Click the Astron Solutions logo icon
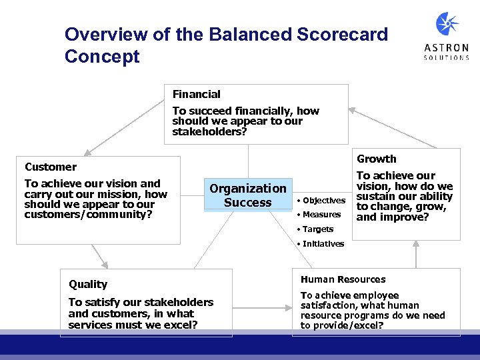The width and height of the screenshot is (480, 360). pyautogui.click(x=447, y=24)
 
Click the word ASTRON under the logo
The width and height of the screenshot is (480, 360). pyautogui.click(x=447, y=47)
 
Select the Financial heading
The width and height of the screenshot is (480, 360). pyautogui.click(x=196, y=95)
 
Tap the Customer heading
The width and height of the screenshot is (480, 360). pyautogui.click(x=51, y=167)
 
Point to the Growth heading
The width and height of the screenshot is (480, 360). pyautogui.click(x=377, y=159)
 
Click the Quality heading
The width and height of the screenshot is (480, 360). pyautogui.click(x=88, y=284)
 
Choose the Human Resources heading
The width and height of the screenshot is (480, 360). pyautogui.click(x=343, y=279)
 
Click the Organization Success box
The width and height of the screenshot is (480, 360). pyautogui.click(x=248, y=195)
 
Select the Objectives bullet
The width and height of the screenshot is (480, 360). pyautogui.click(x=323, y=201)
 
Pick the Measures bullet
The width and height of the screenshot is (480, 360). pyautogui.click(x=321, y=215)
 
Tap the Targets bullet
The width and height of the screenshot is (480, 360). pyautogui.click(x=318, y=229)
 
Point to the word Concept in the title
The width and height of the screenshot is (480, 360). pyautogui.click(x=102, y=57)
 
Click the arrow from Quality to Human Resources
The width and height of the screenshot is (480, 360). pyautogui.click(x=263, y=308)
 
